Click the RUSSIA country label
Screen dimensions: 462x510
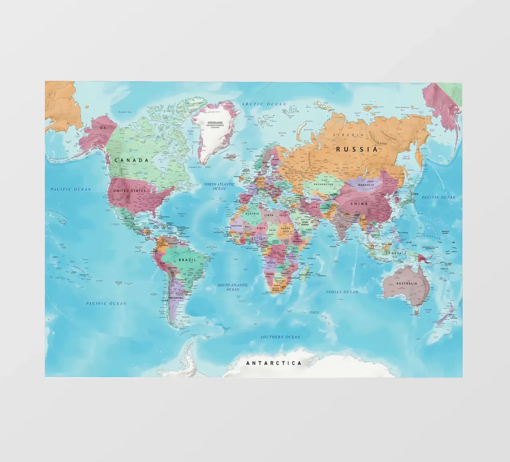tap(357, 149)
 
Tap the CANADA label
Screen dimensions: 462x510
tap(131, 161)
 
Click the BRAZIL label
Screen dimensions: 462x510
tap(187, 260)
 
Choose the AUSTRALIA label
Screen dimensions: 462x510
tap(406, 284)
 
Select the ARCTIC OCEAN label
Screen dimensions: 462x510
tap(264, 104)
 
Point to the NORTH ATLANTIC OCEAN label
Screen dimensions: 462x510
tap(219, 186)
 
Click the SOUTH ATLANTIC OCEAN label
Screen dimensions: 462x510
tap(233, 287)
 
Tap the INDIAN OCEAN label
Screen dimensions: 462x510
tap(342, 292)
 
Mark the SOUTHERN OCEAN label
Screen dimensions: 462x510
tap(280, 337)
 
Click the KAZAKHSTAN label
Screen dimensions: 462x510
tap(323, 185)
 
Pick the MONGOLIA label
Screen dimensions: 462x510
tap(366, 185)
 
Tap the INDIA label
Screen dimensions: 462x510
tap(343, 227)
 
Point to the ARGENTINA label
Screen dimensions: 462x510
tap(176, 298)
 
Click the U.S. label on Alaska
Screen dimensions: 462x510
tap(103, 128)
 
